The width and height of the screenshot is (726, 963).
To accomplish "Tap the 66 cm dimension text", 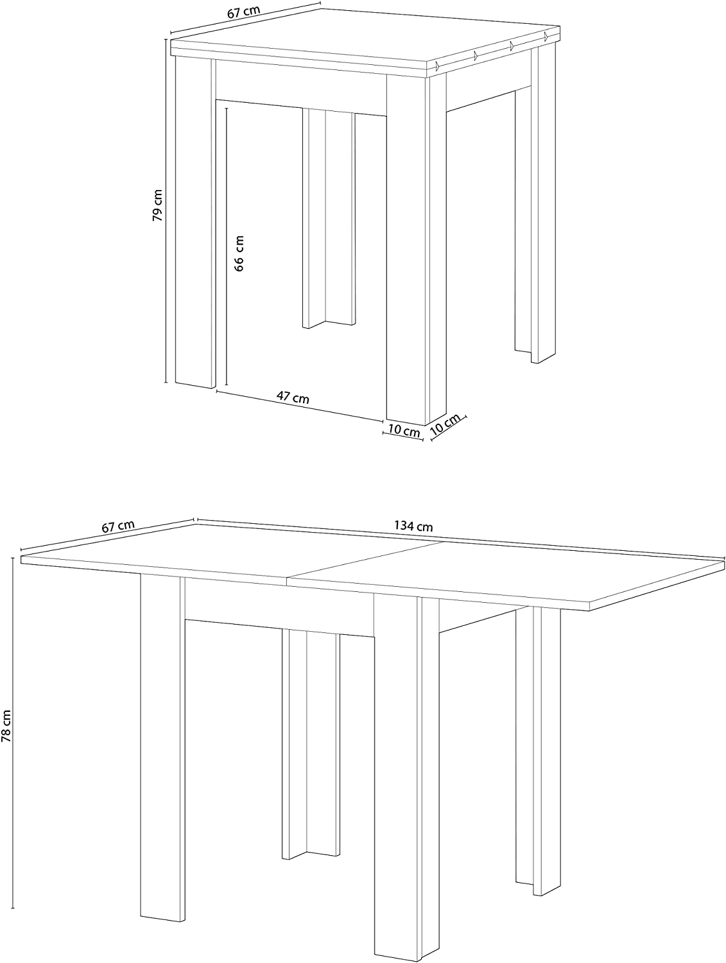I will point(239,253).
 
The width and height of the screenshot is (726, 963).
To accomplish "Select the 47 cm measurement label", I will point(293,398).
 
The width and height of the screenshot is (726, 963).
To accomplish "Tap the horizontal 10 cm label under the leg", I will point(404,431).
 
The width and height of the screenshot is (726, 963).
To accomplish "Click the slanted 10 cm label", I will point(445,424).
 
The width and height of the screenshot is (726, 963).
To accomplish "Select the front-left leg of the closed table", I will point(194,225).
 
